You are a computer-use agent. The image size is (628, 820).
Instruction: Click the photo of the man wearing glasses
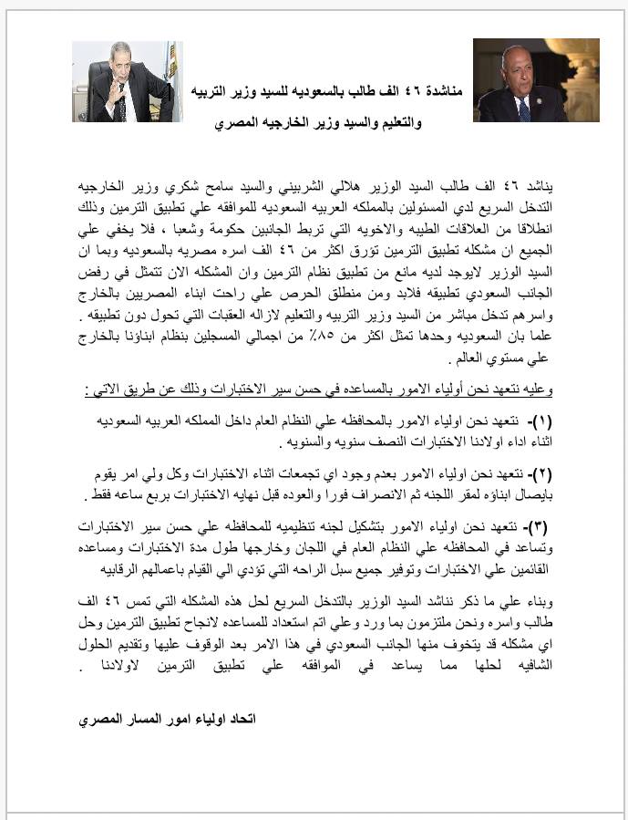click(127, 81)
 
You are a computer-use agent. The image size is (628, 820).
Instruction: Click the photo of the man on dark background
click(523, 80)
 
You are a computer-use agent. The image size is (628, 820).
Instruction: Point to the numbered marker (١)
click(540, 421)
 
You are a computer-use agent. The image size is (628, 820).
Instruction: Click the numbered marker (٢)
click(540, 475)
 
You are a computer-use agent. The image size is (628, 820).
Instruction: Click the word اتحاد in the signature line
click(240, 719)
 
